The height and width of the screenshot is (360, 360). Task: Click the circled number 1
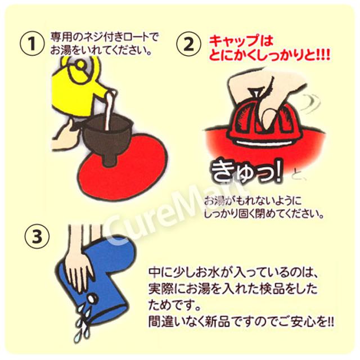tap(32, 44)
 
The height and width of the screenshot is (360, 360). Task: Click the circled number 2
tap(189, 44)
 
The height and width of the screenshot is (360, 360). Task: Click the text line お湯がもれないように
tap(253, 201)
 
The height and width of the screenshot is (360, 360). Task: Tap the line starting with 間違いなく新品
tap(241, 323)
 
